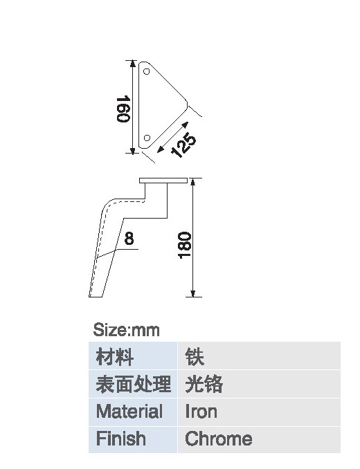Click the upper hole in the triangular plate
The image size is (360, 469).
(146, 71)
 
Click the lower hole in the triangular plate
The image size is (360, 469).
(147, 138)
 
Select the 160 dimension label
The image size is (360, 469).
(123, 109)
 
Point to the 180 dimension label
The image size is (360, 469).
(184, 246)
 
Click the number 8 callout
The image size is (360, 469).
(129, 239)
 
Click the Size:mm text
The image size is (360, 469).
(126, 330)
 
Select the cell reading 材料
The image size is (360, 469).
(133, 356)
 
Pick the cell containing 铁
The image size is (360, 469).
(259, 356)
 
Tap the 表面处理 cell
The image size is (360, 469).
(133, 384)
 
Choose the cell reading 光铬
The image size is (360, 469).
(259, 384)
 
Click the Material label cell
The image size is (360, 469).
(133, 412)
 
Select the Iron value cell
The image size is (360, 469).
(259, 412)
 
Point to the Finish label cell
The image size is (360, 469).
(133, 440)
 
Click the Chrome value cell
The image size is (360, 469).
(259, 440)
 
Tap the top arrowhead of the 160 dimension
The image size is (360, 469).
(133, 64)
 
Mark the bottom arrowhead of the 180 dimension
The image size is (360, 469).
(193, 293)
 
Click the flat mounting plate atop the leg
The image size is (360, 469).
(163, 181)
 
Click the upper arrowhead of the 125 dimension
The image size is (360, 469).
(186, 125)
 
